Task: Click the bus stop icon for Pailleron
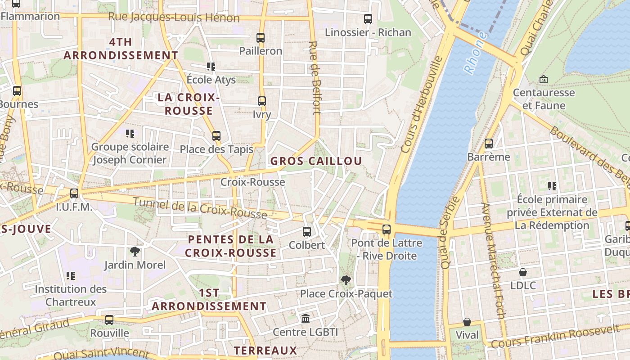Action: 261,38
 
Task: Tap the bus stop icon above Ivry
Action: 262,101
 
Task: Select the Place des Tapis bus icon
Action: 216,135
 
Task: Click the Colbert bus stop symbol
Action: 307,232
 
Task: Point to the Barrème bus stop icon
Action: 489,144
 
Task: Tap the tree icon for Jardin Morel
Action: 135,251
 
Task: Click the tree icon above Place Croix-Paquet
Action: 346,280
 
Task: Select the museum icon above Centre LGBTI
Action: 306,319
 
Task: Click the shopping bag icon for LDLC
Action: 523,272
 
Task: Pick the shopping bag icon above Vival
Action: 467,322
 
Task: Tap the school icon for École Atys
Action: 211,67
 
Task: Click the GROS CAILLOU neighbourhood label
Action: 316,161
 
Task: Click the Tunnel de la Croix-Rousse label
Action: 200,208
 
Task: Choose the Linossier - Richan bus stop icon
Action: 368,19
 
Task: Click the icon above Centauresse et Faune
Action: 544,79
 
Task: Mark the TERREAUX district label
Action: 265,351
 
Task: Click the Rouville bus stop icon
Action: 109,320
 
